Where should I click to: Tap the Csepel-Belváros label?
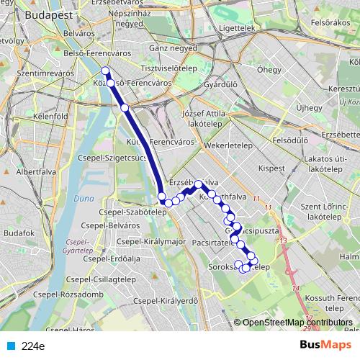111,226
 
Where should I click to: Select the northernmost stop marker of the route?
106,71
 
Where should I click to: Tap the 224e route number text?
32,346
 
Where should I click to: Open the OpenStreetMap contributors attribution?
297,323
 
